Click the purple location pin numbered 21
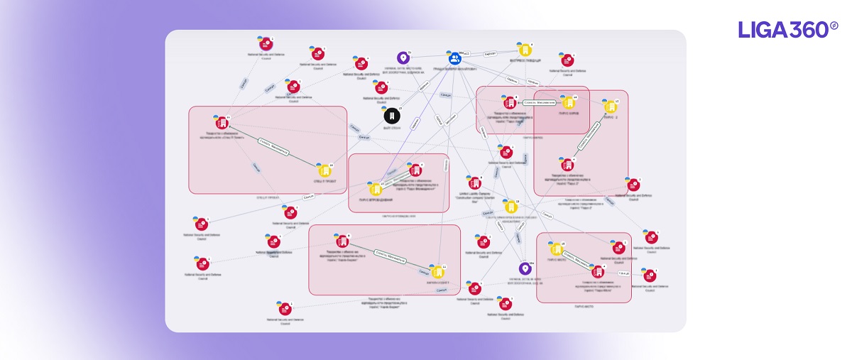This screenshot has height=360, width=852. tap(403, 58)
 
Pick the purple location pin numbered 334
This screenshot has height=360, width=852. tap(525, 268)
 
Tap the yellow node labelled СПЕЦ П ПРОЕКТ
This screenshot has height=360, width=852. tap(325, 170)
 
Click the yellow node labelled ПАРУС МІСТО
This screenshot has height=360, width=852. tap(557, 249)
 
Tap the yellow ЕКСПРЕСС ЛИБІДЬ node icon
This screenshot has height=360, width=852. tap(525, 50)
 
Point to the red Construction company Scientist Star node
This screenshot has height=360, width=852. tap(475, 182)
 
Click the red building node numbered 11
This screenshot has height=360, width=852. tap(221, 121)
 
